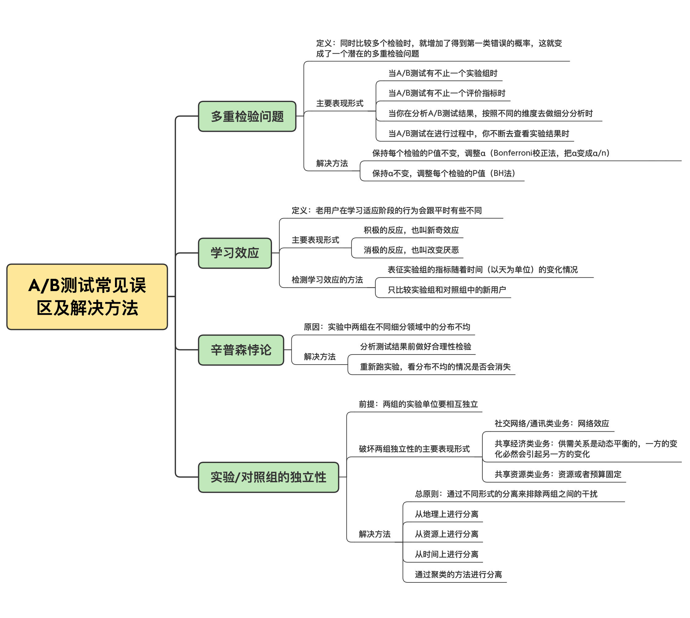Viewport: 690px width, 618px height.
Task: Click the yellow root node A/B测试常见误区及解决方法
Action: click(87, 296)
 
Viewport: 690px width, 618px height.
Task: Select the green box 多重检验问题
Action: click(247, 116)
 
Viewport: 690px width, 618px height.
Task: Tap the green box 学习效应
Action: click(235, 253)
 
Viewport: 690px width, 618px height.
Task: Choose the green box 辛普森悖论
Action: click(241, 350)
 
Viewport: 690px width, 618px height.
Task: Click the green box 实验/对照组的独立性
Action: click(268, 477)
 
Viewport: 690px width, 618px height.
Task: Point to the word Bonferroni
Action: click(512, 153)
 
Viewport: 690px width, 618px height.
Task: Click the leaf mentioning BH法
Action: click(443, 173)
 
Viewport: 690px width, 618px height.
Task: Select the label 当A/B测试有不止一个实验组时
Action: click(443, 73)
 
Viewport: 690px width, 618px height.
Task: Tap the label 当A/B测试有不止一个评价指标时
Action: click(447, 93)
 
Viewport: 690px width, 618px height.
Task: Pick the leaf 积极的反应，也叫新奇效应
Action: click(411, 230)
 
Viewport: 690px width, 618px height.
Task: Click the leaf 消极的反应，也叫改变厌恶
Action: click(411, 250)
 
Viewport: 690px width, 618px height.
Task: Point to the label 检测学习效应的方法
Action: click(327, 280)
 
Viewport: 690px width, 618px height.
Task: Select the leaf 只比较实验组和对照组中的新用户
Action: click(447, 290)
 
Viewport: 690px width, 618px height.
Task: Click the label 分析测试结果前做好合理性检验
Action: click(415, 347)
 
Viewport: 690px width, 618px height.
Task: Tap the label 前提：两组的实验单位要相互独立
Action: click(418, 404)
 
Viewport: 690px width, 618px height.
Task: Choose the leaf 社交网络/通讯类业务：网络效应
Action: click(551, 423)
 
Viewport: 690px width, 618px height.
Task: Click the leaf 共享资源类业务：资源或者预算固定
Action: click(558, 474)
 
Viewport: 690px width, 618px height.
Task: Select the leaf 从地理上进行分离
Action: click(446, 514)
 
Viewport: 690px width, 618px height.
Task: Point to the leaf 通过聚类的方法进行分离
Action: click(458, 574)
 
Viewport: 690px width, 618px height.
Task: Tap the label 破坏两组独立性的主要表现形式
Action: click(414, 449)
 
